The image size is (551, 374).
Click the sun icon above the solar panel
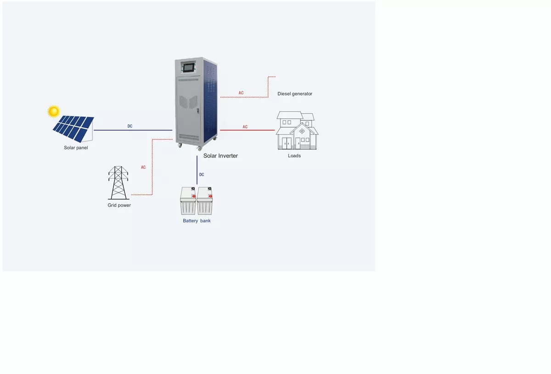coord(54,111)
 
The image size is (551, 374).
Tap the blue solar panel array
coord(73,127)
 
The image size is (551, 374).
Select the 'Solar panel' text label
coord(76,148)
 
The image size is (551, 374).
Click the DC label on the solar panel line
coord(130,126)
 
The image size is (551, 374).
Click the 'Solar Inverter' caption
coord(220,156)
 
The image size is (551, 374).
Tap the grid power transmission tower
coord(118,183)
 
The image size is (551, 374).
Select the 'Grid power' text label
coord(119,205)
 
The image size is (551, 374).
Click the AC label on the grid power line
coord(143,167)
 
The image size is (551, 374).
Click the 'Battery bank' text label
coord(197,221)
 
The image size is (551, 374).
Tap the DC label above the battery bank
coord(202,175)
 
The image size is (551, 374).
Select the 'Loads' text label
coord(294,156)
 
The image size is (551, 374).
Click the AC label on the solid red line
coord(245,127)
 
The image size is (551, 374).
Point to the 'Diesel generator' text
coord(295,94)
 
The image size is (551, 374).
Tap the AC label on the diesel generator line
coord(241,93)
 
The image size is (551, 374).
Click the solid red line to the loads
coord(257,130)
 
